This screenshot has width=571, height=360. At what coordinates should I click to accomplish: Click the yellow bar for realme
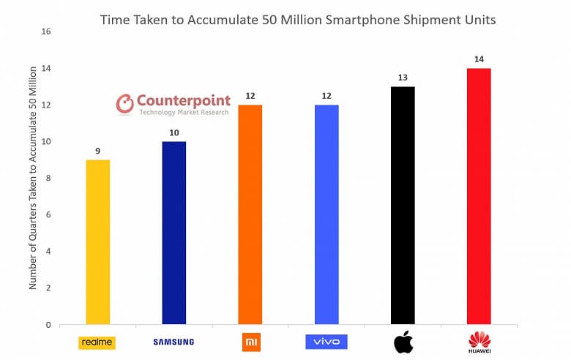(97, 242)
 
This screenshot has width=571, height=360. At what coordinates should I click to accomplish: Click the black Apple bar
(403, 206)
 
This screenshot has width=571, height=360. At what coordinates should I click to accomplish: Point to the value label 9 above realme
(97, 151)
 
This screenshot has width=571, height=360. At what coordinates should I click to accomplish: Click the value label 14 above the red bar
(479, 59)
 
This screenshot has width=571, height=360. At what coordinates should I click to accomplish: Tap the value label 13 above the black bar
(403, 78)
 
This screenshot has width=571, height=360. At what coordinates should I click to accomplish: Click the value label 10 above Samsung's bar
(173, 132)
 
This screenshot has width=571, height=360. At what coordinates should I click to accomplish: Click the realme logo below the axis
(97, 342)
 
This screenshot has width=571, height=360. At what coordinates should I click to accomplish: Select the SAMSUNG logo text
(173, 342)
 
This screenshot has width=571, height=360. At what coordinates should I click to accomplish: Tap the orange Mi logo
(250, 341)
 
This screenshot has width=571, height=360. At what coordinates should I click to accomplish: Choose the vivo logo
(326, 342)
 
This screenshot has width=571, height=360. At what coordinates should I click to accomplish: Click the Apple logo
(403, 341)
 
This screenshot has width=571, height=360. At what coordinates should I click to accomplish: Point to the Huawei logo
(479, 342)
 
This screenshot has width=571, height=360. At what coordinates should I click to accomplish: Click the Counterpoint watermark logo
(173, 104)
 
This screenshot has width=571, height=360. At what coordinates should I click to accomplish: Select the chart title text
(298, 20)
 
